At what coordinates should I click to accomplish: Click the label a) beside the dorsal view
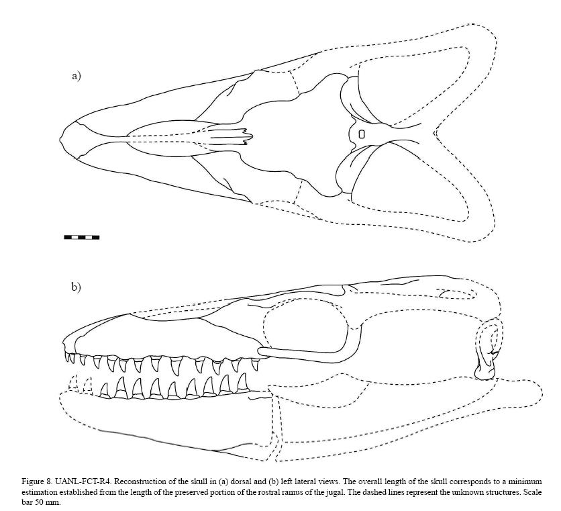pyautogui.click(x=76, y=76)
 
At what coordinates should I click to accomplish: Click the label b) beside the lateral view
pyautogui.click(x=76, y=287)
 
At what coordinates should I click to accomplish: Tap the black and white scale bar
pyautogui.click(x=81, y=237)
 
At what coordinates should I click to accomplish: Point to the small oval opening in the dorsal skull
pyautogui.click(x=362, y=134)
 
